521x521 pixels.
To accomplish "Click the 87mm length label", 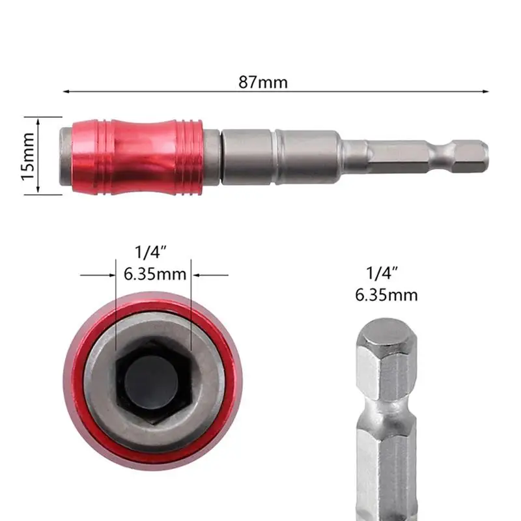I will pos(263,83).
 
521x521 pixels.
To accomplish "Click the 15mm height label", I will pos(27,156).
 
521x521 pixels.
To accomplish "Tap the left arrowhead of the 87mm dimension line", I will pos(67,92).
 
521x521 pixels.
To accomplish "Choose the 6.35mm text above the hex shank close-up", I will pos(386,295).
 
